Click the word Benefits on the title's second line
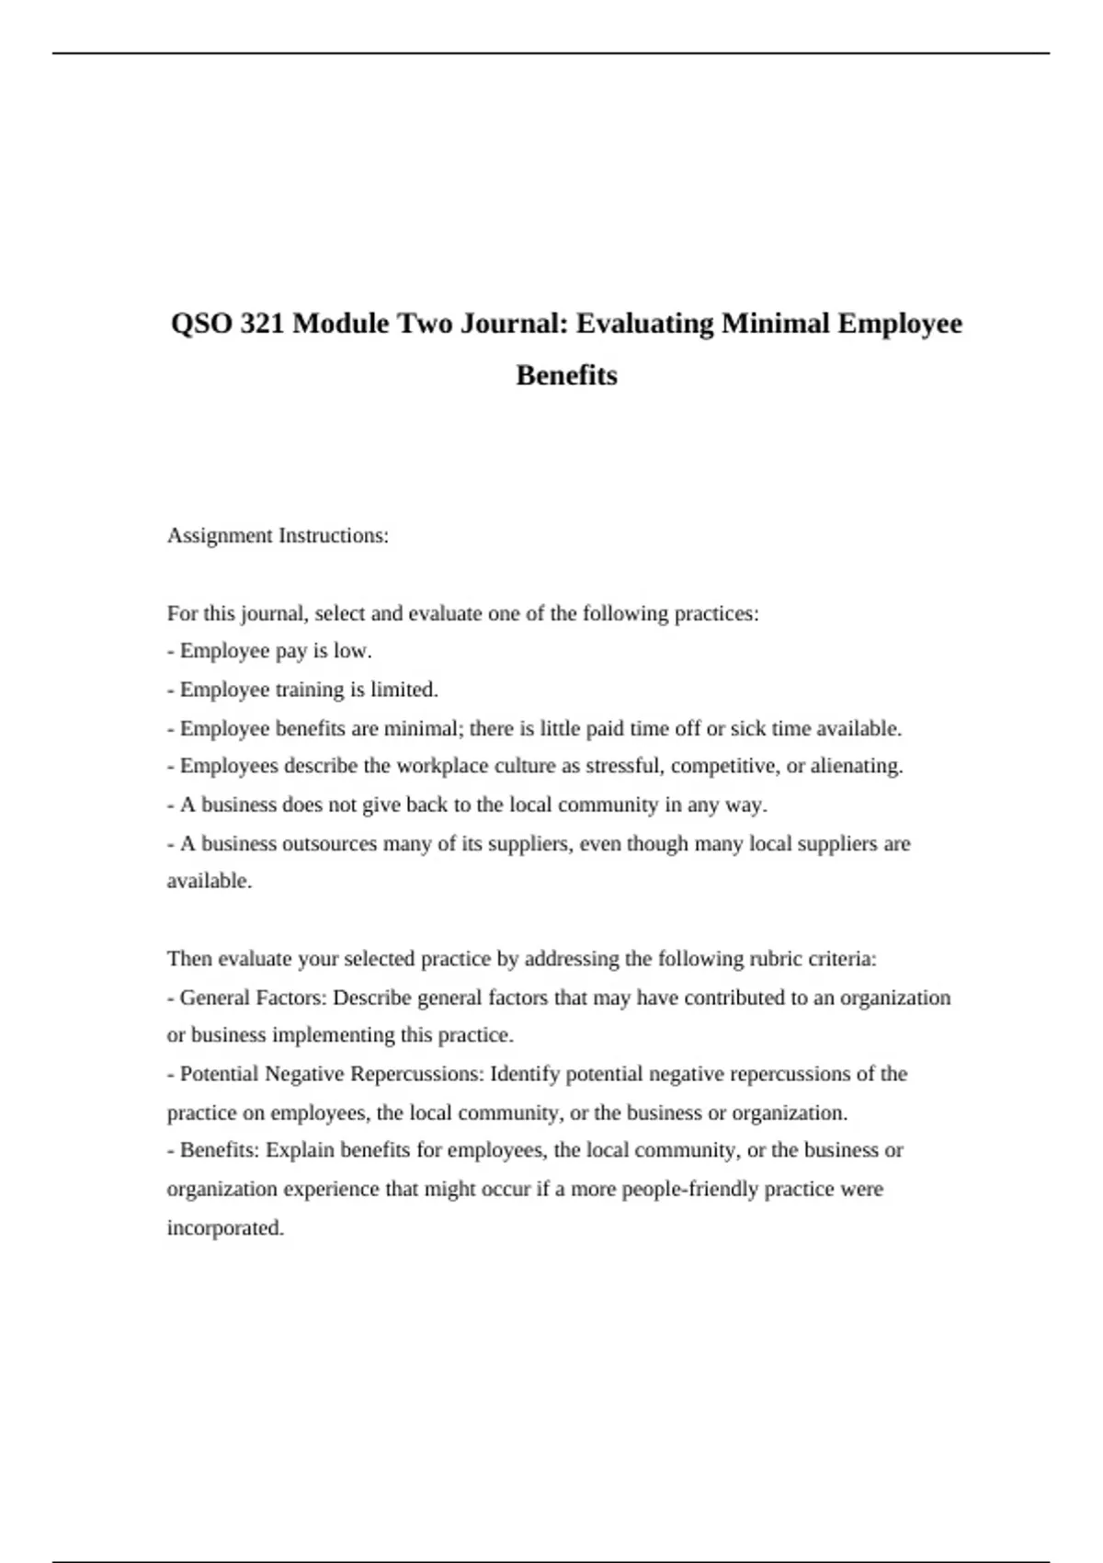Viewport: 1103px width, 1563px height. pos(566,375)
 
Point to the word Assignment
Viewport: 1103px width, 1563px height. pos(220,536)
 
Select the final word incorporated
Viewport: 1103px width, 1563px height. pos(225,1227)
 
